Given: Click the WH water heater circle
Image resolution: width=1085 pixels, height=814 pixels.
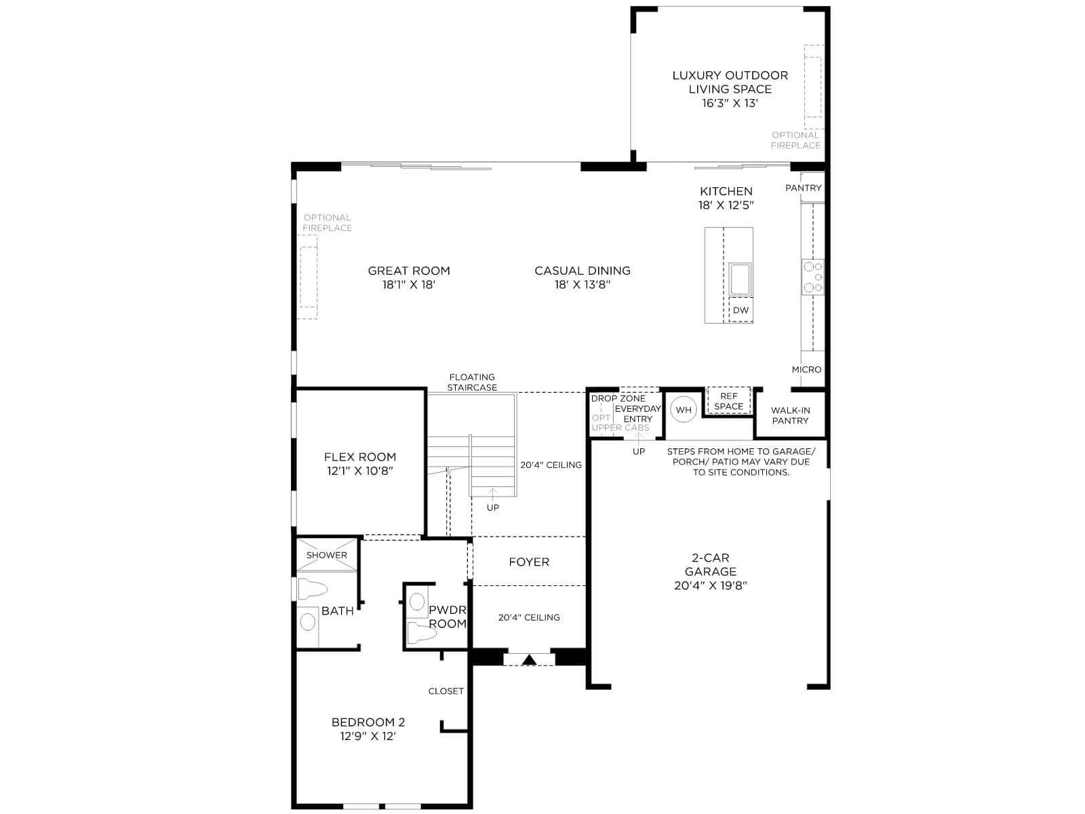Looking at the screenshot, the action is click(683, 409).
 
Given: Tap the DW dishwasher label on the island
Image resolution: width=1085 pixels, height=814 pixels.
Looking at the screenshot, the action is click(741, 310).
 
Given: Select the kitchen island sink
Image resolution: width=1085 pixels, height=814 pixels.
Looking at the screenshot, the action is click(740, 279).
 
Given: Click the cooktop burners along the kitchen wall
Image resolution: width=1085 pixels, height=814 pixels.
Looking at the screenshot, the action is click(812, 277).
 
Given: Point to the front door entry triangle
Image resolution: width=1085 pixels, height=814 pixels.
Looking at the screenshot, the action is click(529, 659).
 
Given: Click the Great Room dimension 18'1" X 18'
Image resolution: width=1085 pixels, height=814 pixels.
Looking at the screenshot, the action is click(409, 285).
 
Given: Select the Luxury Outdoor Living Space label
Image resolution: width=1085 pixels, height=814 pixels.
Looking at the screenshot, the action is click(730, 82).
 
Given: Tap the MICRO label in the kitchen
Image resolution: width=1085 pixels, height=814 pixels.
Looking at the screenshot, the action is click(806, 369).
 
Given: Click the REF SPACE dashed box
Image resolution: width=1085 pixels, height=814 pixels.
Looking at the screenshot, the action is click(728, 401).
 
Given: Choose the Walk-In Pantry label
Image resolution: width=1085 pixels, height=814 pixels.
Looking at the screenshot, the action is click(790, 415).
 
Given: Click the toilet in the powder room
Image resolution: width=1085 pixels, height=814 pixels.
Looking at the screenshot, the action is click(421, 632).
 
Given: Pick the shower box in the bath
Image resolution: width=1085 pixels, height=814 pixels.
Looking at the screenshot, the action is click(326, 554).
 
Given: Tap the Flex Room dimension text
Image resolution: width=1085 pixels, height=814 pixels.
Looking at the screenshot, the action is click(360, 471).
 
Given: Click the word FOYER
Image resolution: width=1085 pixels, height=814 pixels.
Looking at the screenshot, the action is click(529, 562).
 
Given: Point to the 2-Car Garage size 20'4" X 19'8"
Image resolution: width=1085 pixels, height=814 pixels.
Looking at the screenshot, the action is click(710, 585).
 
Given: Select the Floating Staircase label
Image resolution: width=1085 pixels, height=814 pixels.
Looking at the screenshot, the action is click(472, 382).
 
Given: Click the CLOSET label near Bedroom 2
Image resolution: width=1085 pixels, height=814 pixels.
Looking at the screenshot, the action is click(446, 691).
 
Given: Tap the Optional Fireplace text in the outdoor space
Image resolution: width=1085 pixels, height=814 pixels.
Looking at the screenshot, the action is click(796, 140).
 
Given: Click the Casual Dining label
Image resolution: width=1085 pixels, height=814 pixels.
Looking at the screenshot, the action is click(583, 271).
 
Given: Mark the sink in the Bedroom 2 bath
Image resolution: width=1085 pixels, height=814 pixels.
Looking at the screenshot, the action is click(307, 622).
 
